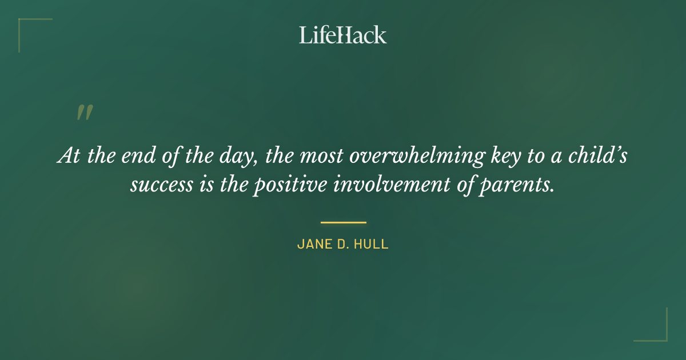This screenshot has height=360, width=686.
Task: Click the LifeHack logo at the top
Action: point(343,35)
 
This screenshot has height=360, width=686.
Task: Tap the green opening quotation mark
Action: point(84,113)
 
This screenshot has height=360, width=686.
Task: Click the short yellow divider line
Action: point(343,222)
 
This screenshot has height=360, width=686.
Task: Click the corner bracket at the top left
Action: point(26,26)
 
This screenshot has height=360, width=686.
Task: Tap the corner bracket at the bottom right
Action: point(660,334)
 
